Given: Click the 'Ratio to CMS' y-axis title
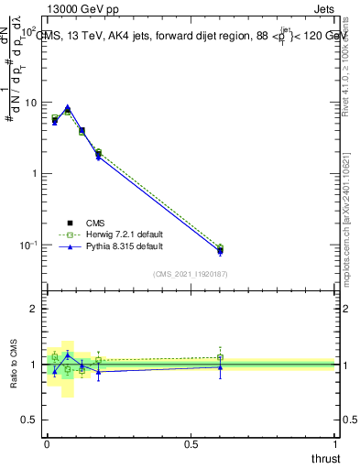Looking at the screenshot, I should [x=13, y=365].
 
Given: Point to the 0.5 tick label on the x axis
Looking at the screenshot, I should [x=191, y=444].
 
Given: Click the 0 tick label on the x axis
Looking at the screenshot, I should [x=47, y=444].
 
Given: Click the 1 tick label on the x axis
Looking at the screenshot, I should [x=336, y=444].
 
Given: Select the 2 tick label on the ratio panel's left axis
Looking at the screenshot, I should [x=35, y=310].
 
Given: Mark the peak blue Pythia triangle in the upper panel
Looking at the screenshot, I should [x=68, y=107].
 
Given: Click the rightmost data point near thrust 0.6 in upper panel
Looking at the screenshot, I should [x=220, y=250].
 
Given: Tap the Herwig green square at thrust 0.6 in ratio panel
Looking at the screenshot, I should [x=220, y=357].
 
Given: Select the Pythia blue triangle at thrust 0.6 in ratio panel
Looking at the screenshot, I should [x=220, y=367].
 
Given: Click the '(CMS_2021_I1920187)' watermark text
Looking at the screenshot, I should [x=191, y=272].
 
